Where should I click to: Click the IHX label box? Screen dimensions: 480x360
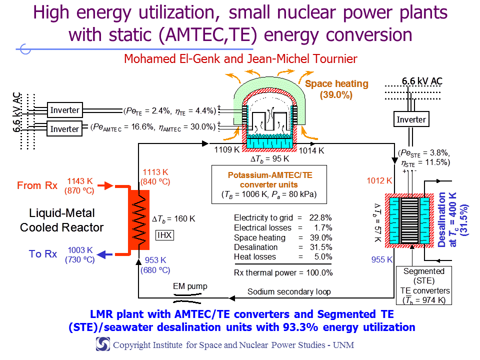click(x=164, y=235)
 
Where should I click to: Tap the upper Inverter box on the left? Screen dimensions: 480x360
click(x=65, y=110)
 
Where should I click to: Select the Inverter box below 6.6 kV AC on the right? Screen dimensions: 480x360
click(x=411, y=119)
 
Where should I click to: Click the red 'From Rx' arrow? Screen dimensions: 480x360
click(x=105, y=185)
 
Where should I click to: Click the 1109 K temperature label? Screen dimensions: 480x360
click(x=227, y=149)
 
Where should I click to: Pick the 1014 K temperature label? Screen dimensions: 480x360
click(x=311, y=150)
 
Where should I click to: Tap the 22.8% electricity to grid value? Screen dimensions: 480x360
click(x=320, y=217)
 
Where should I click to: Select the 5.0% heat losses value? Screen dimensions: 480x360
click(x=323, y=257)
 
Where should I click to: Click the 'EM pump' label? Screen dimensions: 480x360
click(x=190, y=286)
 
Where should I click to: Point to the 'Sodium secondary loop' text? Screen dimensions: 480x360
click(x=289, y=291)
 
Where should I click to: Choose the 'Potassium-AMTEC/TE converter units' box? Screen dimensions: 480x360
click(x=269, y=184)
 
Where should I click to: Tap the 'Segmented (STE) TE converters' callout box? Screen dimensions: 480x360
click(x=424, y=285)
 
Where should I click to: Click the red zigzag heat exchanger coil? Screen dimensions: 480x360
click(x=139, y=220)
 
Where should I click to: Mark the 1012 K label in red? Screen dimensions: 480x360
click(x=379, y=180)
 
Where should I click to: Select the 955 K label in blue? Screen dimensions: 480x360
click(x=381, y=259)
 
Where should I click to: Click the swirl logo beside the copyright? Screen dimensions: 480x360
click(x=103, y=344)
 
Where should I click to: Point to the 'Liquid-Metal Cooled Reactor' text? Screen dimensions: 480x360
click(x=62, y=220)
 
